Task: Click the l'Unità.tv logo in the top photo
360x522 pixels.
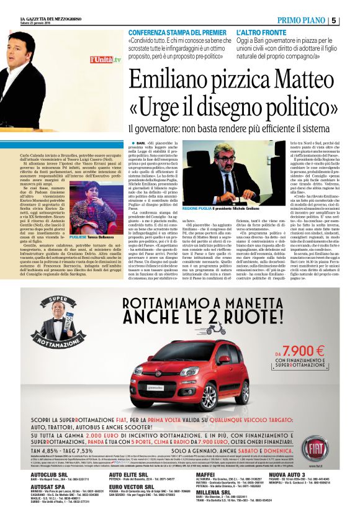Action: [105, 60]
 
